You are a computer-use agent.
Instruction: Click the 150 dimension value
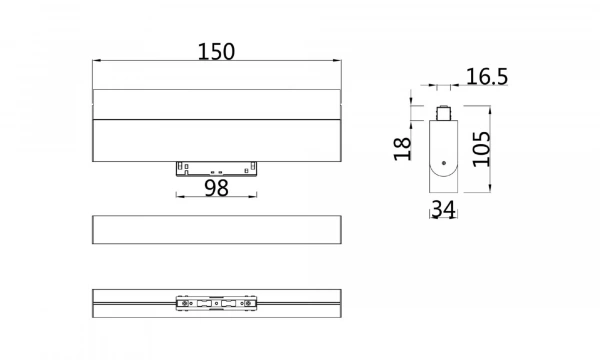click(216, 50)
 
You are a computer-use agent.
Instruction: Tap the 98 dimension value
click(217, 187)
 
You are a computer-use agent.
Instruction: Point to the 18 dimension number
click(403, 149)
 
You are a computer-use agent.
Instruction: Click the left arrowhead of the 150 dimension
click(96, 62)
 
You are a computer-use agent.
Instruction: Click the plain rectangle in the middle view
click(216, 229)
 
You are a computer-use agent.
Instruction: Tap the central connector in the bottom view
click(216, 303)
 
